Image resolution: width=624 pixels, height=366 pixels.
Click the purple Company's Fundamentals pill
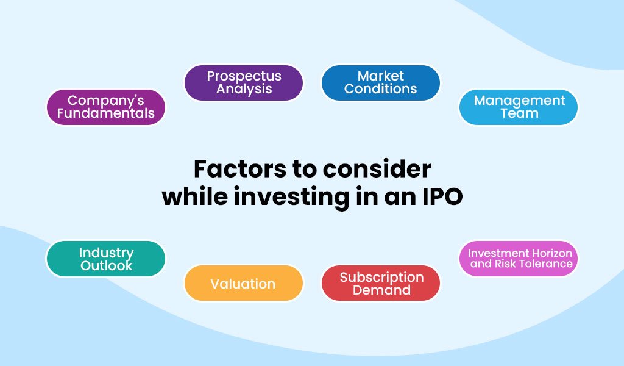click(106, 107)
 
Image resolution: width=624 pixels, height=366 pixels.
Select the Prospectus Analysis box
click(244, 82)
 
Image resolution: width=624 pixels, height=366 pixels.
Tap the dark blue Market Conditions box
click(380, 82)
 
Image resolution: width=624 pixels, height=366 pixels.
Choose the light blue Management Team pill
click(518, 107)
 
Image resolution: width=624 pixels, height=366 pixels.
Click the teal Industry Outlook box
click(106, 259)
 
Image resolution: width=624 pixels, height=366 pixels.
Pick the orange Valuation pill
click(243, 284)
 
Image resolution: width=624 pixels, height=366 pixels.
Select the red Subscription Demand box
click(381, 284)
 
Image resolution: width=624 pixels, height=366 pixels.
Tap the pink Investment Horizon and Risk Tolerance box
click(519, 259)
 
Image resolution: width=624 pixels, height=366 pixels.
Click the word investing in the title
click(294, 198)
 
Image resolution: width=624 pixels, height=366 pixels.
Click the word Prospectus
click(244, 76)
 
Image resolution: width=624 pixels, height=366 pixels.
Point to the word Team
click(519, 113)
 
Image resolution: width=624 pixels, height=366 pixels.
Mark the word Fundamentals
click(106, 113)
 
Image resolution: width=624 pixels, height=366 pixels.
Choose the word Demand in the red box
click(381, 290)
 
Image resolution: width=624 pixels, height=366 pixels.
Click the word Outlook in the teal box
click(106, 265)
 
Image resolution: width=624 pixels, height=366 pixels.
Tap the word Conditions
click(380, 89)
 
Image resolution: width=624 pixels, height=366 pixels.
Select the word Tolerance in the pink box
click(541, 264)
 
